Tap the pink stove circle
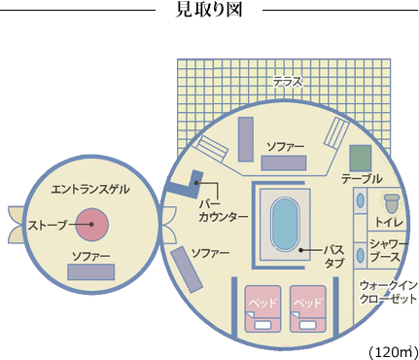click(91, 225)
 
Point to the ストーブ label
click(48, 225)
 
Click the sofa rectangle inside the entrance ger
click(90, 272)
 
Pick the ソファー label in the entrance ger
click(90, 256)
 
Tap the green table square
click(361, 156)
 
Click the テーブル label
click(361, 179)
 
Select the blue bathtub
click(283, 225)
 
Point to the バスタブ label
click(333, 256)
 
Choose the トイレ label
click(389, 222)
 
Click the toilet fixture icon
click(391, 203)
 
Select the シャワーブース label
click(386, 251)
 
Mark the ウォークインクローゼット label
click(388, 292)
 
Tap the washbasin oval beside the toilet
click(360, 202)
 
